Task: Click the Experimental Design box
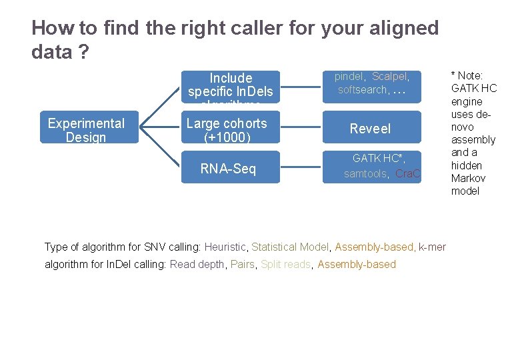pos(86,129)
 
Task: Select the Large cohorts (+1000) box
pos(226,129)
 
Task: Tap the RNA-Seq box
pos(228,169)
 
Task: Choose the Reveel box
pos(371,129)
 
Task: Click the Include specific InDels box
pos(230,85)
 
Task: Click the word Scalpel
pos(389,77)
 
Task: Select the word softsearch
pos(362,90)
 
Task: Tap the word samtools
pos(365,174)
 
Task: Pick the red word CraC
pos(407,174)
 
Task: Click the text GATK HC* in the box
pos(376,159)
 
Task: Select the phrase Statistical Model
pos(290,247)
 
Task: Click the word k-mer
pos(432,247)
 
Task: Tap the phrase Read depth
pos(197,265)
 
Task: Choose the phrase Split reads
pos(285,265)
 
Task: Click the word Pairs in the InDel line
pos(242,265)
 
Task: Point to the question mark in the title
pos(84,52)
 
